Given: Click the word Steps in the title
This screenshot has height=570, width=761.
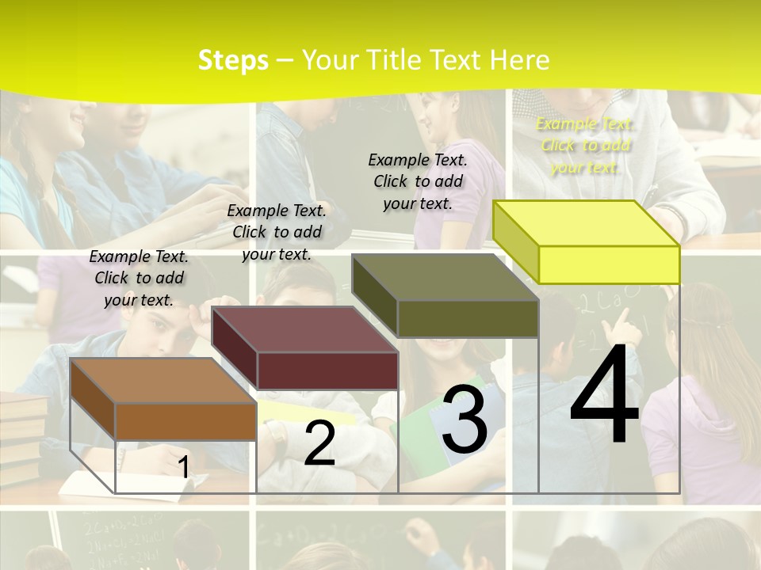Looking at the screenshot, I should pyautogui.click(x=233, y=60).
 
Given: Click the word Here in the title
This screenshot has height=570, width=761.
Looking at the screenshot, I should pyautogui.click(x=520, y=60).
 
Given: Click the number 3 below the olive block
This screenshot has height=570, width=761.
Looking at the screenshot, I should pyautogui.click(x=465, y=420).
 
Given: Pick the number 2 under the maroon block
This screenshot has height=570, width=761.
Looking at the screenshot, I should pyautogui.click(x=319, y=443).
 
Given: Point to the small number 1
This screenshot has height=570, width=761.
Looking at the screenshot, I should pyautogui.click(x=184, y=467).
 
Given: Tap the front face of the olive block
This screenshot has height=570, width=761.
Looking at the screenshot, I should pyautogui.click(x=468, y=318).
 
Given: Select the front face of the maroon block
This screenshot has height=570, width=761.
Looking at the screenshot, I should pyautogui.click(x=327, y=370).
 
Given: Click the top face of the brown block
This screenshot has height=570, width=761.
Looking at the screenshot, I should pyautogui.click(x=163, y=380).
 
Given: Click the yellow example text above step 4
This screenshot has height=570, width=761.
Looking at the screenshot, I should pyautogui.click(x=584, y=145).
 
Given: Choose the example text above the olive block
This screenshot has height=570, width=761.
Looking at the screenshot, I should pyautogui.click(x=418, y=181).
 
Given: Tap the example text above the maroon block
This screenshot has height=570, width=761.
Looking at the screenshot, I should pyautogui.click(x=277, y=232).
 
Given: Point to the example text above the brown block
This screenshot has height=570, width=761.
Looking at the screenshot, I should pyautogui.click(x=139, y=278).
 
